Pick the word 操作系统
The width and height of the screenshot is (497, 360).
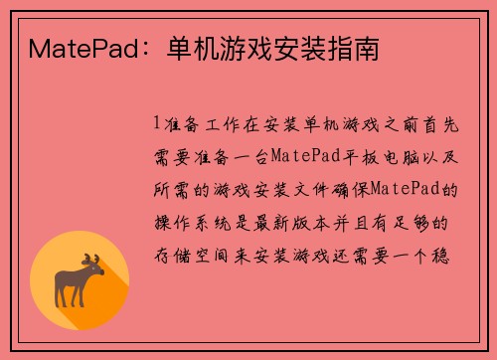(x=203, y=221)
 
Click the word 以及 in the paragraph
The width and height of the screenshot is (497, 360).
(x=430, y=155)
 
